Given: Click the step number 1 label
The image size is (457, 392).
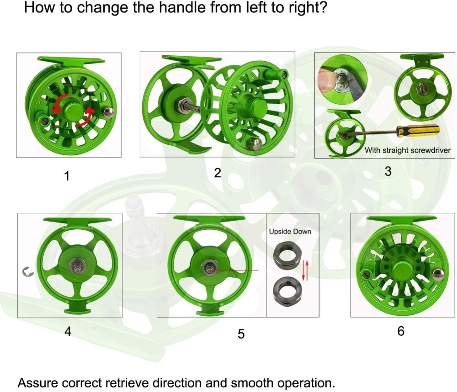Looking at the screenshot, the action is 67,176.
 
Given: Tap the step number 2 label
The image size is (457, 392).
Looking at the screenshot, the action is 218,173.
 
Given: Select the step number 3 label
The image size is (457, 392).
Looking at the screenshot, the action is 388,171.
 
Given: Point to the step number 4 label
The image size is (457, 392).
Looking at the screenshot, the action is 68,331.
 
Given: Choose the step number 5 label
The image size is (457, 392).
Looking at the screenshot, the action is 241,334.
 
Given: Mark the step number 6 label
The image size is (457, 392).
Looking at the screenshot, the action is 401,331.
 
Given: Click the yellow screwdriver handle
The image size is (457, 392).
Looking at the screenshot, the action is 418,131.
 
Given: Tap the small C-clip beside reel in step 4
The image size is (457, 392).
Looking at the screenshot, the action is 28,272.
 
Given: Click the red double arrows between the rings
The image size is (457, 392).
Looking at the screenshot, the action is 305,270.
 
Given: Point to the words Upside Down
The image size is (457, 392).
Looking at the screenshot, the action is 290,232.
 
